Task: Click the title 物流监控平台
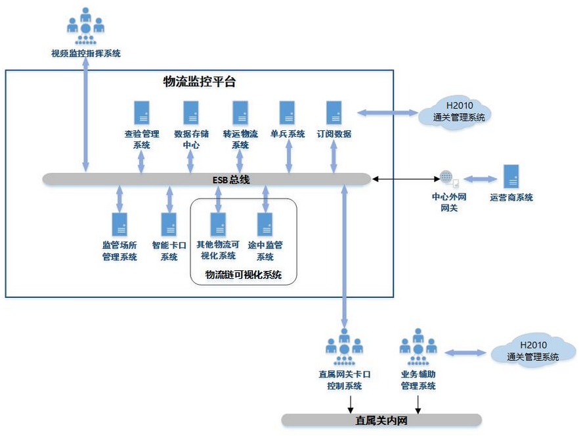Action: click(199, 82)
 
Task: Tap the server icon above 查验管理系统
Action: click(140, 112)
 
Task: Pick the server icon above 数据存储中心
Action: click(191, 112)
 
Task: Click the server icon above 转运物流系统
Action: click(240, 112)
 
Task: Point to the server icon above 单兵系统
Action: click(287, 112)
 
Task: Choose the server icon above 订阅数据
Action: click(334, 112)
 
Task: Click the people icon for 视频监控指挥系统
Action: click(85, 26)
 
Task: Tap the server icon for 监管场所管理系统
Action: click(119, 224)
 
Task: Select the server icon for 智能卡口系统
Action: click(169, 224)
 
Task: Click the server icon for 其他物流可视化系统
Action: click(217, 224)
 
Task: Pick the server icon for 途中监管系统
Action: click(265, 224)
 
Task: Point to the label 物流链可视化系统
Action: click(244, 276)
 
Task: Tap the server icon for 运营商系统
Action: click(511, 176)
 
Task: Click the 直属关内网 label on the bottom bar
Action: click(381, 420)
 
